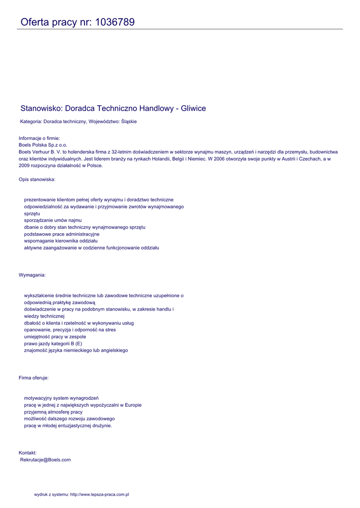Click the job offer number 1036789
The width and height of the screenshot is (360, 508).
coord(114,22)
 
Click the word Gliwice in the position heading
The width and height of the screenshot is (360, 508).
coord(193,108)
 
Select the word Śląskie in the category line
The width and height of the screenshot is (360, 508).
coord(129,122)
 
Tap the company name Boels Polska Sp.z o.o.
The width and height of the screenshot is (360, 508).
coord(43,145)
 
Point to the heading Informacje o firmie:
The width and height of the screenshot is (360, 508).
coord(43,138)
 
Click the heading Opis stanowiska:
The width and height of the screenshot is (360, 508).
coord(37,179)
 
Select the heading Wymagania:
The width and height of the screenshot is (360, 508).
coord(32,275)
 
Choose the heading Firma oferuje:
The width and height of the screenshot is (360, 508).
coord(34,378)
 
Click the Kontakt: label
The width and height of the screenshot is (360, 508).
coord(28,452)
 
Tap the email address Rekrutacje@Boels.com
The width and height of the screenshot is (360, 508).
coord(45,460)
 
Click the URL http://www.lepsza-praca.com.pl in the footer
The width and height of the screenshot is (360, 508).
coord(99,495)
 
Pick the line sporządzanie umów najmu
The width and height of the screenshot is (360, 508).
coord(53,220)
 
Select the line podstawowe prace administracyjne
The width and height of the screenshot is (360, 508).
coord(62,234)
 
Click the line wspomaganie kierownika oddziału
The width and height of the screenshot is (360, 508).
coord(61,241)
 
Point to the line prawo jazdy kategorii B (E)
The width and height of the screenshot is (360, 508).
coord(53,343)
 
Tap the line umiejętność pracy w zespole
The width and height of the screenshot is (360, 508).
coord(55,336)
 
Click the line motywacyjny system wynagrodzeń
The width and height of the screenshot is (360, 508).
coord(61,398)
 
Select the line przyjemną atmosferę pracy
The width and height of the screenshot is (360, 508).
coord(53,412)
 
